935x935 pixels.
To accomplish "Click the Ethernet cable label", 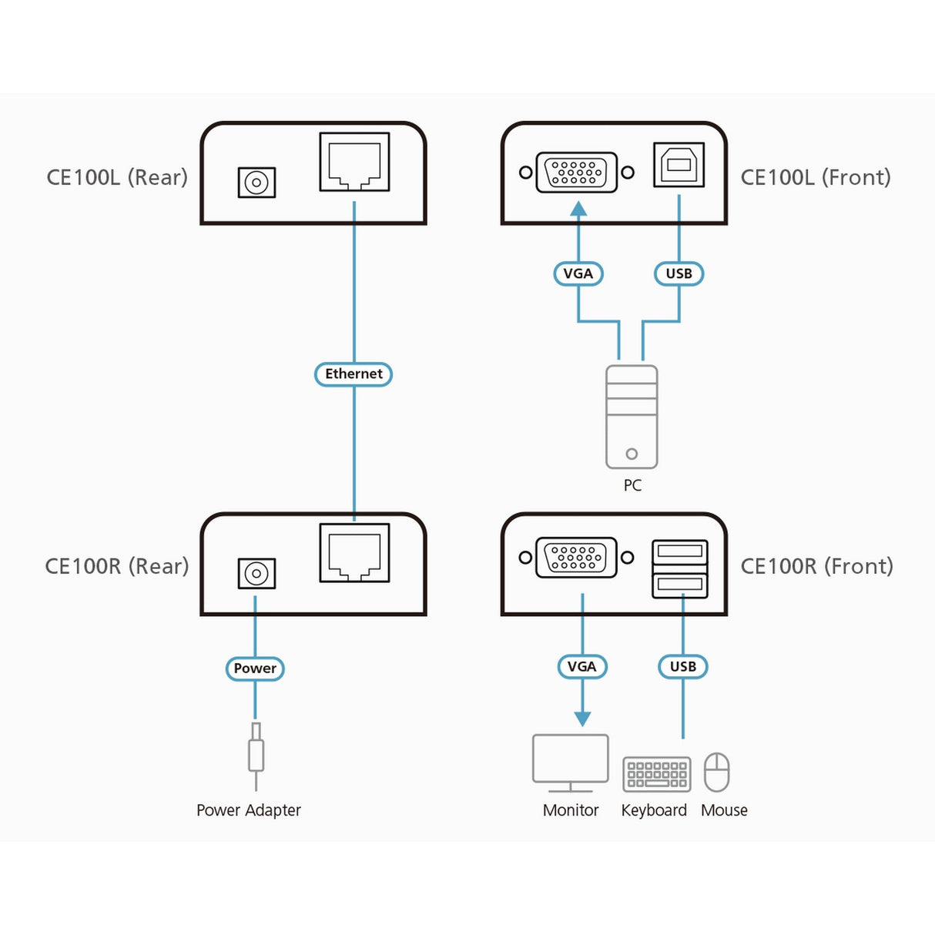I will click(x=354, y=374).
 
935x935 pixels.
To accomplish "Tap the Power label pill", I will click(x=255, y=669).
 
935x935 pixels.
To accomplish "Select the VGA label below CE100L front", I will click(x=578, y=273).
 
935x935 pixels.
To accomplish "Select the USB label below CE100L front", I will click(x=679, y=273).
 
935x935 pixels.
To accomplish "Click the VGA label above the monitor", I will click(x=581, y=666).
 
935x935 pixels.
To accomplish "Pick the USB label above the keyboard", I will click(x=682, y=666).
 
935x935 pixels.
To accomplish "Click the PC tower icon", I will click(x=632, y=417).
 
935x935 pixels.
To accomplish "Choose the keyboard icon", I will click(x=656, y=774).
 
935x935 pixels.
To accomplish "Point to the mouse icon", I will click(x=717, y=772).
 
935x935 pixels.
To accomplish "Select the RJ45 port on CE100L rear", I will click(x=354, y=162).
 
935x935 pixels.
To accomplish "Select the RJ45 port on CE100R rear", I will click(x=354, y=553).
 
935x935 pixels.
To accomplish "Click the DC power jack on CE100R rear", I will click(x=256, y=574).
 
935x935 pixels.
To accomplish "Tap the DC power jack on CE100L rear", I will click(x=256, y=183).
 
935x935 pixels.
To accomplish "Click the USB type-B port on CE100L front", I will click(x=679, y=164).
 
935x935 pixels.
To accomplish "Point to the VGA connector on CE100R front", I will click(x=577, y=557).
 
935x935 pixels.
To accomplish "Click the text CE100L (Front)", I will click(x=815, y=177).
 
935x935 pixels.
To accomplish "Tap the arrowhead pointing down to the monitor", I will click(x=582, y=719).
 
